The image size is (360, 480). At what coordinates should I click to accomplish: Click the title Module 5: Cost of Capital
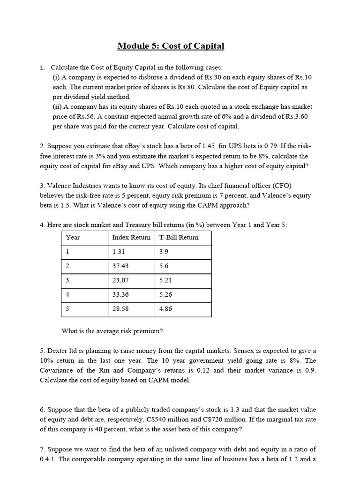[171, 46]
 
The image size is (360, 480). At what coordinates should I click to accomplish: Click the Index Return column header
[131, 237]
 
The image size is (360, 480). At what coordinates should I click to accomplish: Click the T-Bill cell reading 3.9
[164, 252]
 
